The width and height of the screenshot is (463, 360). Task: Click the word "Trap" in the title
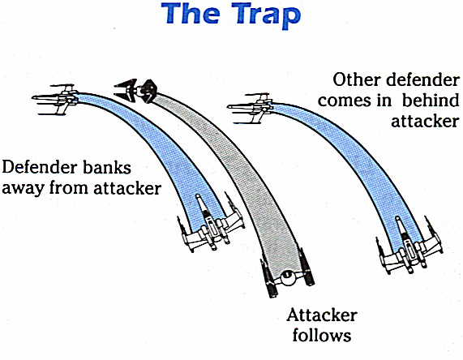pos(266,15)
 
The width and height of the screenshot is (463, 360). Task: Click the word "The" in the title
pos(191,13)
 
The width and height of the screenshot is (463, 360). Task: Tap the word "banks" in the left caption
pos(106,168)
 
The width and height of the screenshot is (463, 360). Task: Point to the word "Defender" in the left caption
pos(39,168)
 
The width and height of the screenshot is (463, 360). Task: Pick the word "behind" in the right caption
pos(431,101)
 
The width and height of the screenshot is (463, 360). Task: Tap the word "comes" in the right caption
pos(345,101)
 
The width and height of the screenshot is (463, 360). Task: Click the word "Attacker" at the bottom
pos(322,315)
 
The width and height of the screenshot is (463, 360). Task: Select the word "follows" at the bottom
pos(322,335)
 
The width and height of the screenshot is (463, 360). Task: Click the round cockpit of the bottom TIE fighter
pos(287,277)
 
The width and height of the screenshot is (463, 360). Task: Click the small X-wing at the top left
pos(55,99)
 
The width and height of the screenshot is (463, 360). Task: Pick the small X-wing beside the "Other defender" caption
pos(251,108)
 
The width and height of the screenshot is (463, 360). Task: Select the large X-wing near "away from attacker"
pos(212,222)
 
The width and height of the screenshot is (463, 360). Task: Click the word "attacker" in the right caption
pos(425,121)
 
